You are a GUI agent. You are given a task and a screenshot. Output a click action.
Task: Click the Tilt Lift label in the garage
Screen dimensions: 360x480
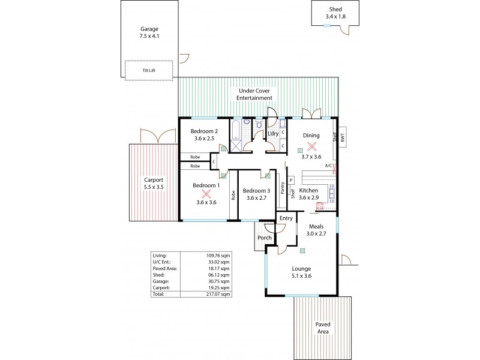click(149, 70)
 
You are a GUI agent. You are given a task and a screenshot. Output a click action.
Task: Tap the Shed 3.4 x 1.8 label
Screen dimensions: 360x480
click(335, 13)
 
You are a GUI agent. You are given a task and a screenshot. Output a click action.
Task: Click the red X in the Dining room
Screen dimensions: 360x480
click(311, 146)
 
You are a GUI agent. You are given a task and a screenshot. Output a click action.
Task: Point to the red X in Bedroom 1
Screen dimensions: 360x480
click(206, 194)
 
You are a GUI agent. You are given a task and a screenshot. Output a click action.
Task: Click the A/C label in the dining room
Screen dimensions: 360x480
click(328, 166)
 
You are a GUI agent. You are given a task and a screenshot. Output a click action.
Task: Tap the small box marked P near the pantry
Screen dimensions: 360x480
click(290, 180)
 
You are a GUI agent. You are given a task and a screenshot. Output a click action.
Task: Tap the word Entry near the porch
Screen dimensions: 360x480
click(286, 218)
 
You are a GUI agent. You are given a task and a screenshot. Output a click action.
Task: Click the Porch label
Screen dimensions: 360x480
click(265, 238)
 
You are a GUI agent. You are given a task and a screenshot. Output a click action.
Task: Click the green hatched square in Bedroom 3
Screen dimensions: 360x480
click(264, 176)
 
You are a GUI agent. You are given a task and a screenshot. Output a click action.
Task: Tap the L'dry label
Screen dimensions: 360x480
click(273, 133)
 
